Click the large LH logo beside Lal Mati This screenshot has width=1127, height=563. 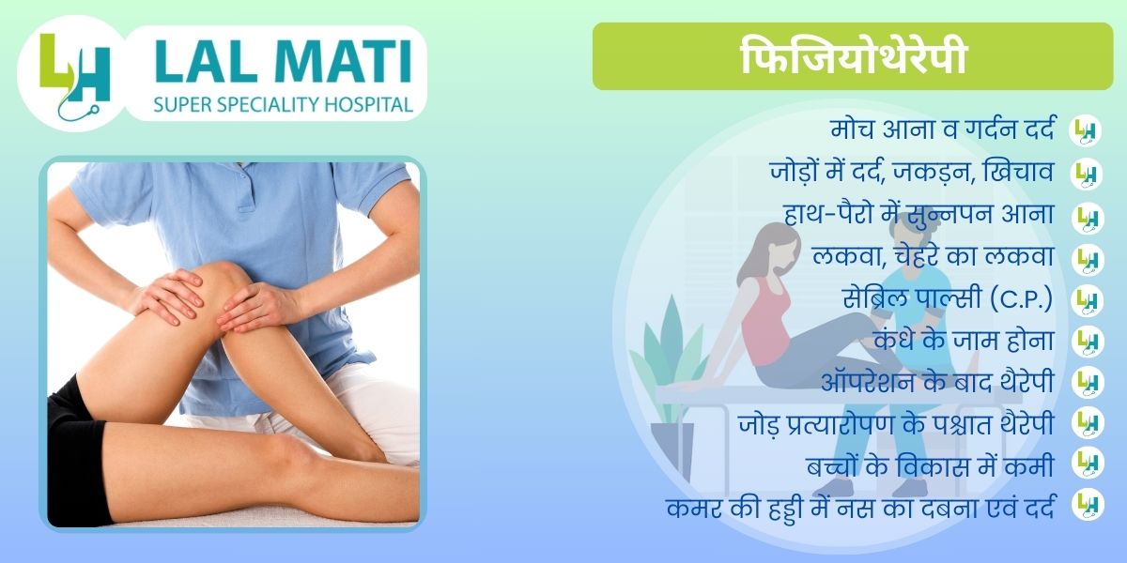point(74,75)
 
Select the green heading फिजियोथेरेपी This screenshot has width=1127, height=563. point(853,56)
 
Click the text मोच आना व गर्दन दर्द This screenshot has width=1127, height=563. point(942,129)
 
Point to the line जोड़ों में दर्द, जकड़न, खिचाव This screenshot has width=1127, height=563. point(912,173)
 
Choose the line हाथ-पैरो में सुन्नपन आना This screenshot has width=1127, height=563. point(919,214)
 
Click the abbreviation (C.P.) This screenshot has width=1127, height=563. point(1022,298)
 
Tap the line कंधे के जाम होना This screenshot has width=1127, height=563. point(964,340)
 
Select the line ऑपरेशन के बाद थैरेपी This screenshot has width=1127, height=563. point(937,382)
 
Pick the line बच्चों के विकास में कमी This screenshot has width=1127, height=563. point(930,465)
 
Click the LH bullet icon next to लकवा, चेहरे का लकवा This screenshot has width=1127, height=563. point(1088,260)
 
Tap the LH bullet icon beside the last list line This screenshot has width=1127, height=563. point(1088,505)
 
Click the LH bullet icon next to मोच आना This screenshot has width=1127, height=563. point(1086,131)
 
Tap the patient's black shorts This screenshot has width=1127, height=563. point(75,452)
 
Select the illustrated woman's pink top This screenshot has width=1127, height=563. point(764,322)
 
